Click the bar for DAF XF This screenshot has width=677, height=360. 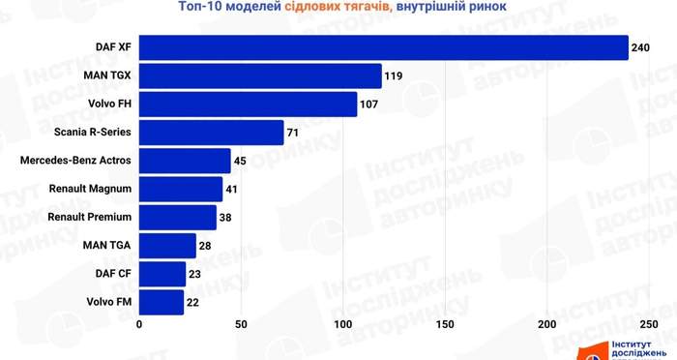(383, 47)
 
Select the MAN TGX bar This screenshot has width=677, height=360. (260, 76)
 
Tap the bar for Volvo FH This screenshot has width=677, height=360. (248, 105)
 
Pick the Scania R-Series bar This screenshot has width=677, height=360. (211, 133)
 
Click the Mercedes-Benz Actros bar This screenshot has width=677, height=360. (185, 161)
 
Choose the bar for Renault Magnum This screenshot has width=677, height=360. (181, 190)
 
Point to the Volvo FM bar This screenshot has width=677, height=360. (162, 303)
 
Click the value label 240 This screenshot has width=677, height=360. (640, 47)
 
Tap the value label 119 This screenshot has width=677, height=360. (394, 76)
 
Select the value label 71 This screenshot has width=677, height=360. (293, 133)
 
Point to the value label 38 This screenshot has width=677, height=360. (225, 218)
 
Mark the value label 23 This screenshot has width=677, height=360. (194, 274)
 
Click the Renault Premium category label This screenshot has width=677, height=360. (89, 217)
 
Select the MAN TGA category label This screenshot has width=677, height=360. (106, 245)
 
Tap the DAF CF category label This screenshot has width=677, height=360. (113, 274)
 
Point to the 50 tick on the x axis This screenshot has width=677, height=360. (241, 324)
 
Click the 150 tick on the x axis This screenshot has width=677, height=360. (445, 324)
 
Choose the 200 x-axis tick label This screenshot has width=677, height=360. (547, 324)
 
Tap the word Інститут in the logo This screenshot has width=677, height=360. (632, 345)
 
